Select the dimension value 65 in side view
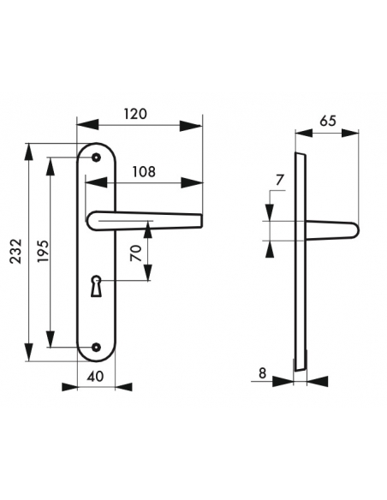[326, 121]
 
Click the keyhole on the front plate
[97, 283]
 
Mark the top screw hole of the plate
[97, 158]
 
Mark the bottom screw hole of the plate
[97, 347]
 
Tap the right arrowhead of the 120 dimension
[199, 127]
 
